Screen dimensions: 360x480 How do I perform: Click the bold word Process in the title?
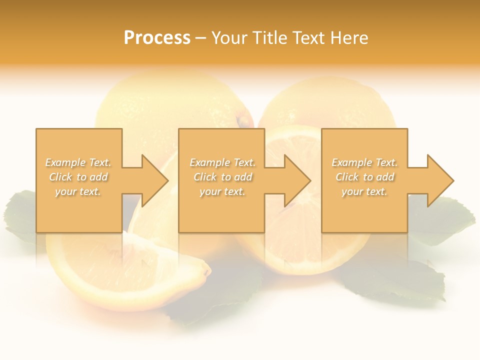[157, 38]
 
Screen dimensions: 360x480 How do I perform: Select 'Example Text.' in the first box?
[78, 162]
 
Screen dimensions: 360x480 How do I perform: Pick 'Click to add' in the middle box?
[222, 177]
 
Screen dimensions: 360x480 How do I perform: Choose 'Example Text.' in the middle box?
[222, 162]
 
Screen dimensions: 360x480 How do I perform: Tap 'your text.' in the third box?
[364, 191]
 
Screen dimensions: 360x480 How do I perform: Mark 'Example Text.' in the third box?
[364, 162]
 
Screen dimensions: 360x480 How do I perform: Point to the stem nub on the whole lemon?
[243, 120]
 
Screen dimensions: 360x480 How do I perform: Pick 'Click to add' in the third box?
[364, 177]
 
